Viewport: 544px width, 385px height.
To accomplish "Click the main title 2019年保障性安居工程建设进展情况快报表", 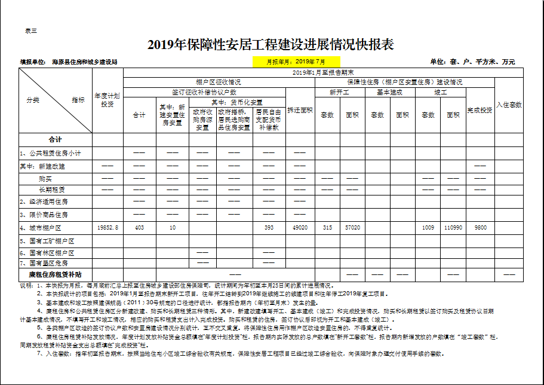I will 271,45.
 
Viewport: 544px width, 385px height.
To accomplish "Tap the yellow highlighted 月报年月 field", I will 296,62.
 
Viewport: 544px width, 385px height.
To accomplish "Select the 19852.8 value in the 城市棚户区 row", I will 107,228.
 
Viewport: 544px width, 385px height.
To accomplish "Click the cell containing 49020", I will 300,228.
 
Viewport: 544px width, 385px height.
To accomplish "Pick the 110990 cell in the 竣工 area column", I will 453,228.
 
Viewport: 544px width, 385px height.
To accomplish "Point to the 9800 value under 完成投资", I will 480,228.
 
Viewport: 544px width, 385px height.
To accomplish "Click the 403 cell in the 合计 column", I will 139,228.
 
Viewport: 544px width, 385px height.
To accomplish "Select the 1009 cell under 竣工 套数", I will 428,228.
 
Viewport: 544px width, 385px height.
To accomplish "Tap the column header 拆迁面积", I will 300,110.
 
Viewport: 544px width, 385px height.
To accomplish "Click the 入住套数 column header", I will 509,104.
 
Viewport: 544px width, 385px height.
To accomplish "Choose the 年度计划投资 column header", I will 107,100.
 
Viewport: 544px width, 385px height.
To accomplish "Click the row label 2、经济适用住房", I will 45,201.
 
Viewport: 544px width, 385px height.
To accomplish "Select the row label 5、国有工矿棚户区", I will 47,241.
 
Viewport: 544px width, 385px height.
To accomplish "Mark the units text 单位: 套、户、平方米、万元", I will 472,62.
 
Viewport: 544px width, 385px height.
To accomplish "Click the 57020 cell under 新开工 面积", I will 352,228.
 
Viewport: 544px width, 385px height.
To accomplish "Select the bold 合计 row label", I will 55,139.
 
